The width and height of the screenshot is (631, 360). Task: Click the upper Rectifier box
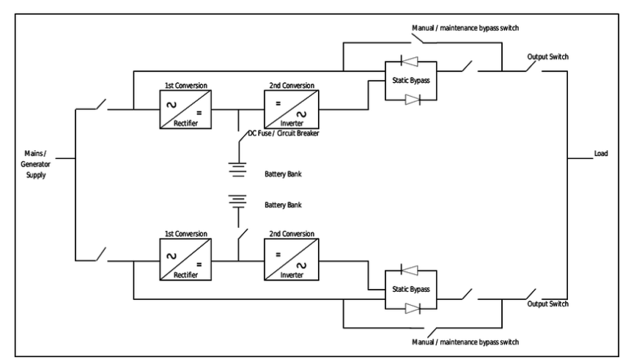pos(182,110)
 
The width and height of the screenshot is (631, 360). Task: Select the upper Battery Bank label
pos(283,175)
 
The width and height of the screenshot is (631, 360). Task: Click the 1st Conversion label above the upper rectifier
pos(180,86)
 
